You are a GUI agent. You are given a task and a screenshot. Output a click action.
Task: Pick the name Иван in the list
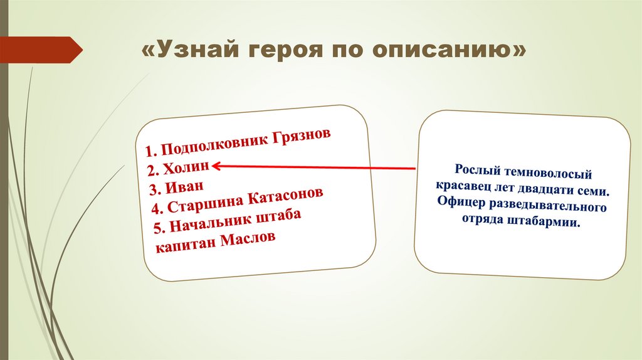point(185,187)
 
